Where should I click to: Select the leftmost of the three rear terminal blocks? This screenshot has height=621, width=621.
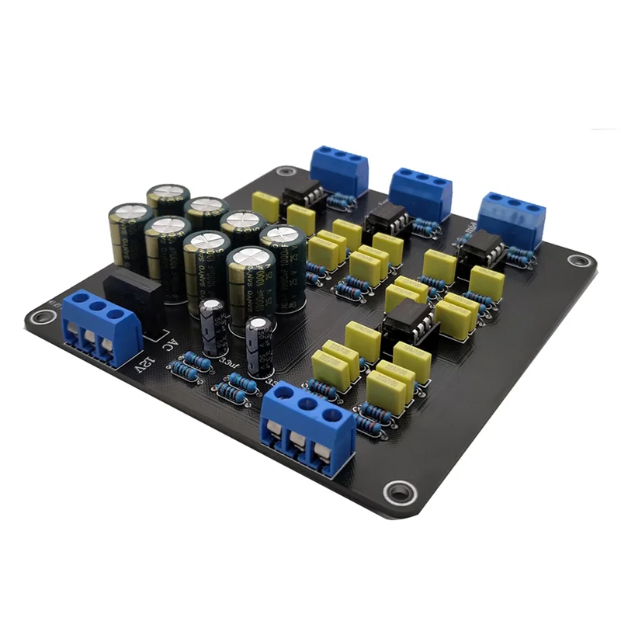coord(338,168)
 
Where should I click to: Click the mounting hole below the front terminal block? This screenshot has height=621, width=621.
coord(397,491)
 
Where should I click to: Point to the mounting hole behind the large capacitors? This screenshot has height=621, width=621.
coord(284,174)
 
